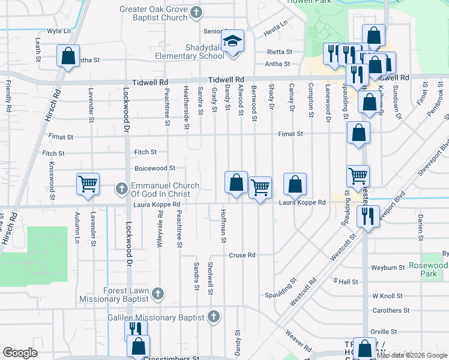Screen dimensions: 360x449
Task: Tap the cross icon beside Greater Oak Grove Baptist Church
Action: tap(196, 12)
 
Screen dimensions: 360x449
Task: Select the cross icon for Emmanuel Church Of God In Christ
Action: tap(122, 190)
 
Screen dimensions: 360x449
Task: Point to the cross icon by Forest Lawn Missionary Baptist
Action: tap(157, 293)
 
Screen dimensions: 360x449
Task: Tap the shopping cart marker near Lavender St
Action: tap(88, 184)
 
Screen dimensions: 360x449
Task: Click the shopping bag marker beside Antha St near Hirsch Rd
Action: tap(68, 56)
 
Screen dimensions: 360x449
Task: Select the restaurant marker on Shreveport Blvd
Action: tap(368, 215)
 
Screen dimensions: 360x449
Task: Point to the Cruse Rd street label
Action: tap(242, 255)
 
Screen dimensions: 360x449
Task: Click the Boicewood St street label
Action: tap(155, 169)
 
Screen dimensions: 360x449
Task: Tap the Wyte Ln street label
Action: tap(59, 30)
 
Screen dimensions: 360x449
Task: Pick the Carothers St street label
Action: tap(390, 311)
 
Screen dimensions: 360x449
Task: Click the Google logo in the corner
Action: tap(20, 353)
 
